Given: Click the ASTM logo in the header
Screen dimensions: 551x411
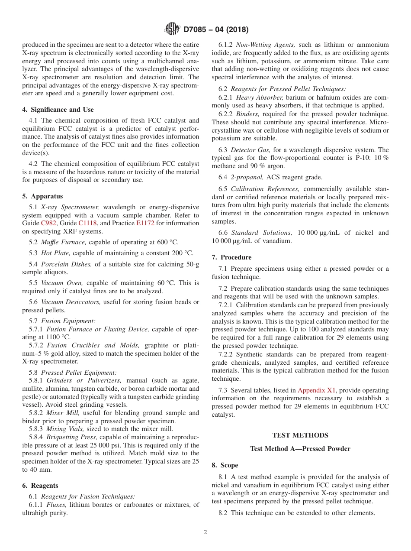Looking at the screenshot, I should tap(172, 29).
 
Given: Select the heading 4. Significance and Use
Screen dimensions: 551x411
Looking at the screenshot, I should tap(58, 110).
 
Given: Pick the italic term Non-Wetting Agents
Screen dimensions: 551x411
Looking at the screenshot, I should tap(266, 45).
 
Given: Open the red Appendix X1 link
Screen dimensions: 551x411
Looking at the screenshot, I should tap(317, 390).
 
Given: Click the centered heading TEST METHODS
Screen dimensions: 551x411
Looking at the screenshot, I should tap(300, 435).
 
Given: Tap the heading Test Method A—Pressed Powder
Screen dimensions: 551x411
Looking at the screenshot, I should tap(300, 449).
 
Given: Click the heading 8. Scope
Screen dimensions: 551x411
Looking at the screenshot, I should tap(225, 465).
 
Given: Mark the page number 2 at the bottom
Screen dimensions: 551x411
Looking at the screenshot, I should tap(205, 532).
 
